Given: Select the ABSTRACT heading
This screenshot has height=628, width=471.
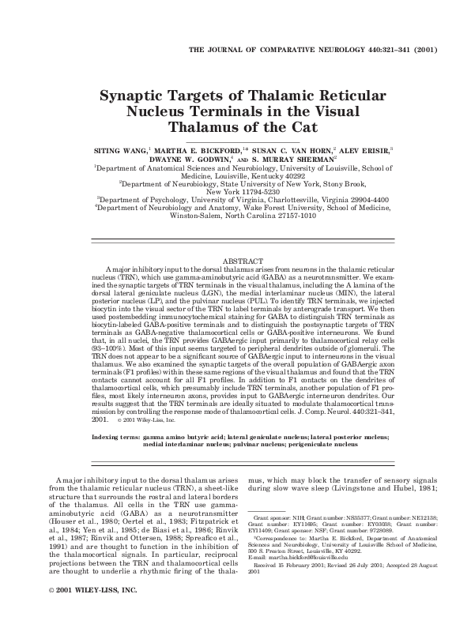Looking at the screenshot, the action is [243, 260].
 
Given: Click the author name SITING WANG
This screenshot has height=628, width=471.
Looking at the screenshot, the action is [115, 148].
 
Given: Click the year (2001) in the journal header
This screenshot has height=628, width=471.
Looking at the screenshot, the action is [417, 48].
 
